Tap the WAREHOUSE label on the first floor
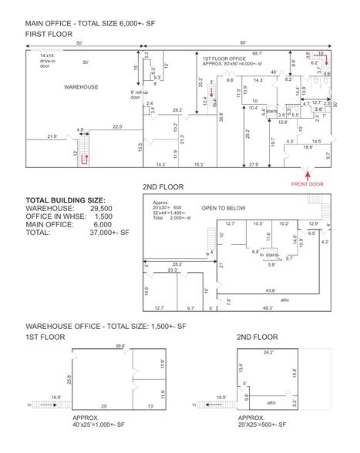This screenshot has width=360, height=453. click(80, 88)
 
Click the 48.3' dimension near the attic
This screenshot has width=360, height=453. click(267, 308)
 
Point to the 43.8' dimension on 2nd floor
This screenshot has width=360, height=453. click(267, 290)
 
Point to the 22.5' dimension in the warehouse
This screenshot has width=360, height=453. click(118, 126)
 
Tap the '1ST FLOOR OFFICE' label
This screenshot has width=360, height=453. click(225, 59)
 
